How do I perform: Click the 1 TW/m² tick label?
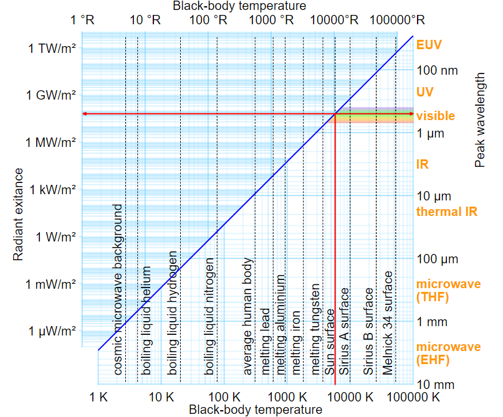point(52,48)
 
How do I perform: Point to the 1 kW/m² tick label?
point(52,190)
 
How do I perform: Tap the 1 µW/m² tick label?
point(52,331)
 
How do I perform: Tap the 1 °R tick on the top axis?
point(82,19)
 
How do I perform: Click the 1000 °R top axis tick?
point(271,19)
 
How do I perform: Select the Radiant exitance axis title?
point(18,214)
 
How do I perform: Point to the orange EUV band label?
point(429,45)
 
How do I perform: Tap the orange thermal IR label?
point(446,211)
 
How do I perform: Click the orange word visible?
point(436,116)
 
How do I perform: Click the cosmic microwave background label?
point(118,289)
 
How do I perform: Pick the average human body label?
point(248,316)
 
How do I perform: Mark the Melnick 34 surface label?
point(388,322)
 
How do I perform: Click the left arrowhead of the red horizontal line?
point(85,114)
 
